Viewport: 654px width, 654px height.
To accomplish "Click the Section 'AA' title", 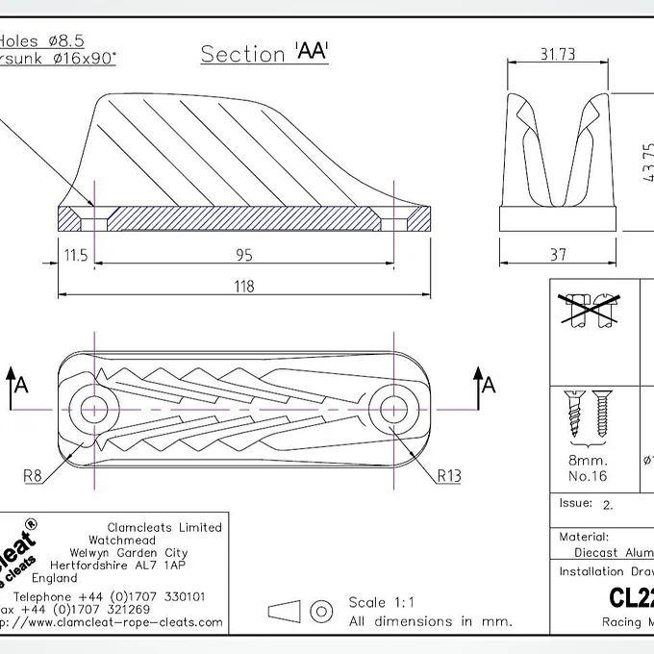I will (264, 53).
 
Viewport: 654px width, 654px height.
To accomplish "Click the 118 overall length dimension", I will (244, 284).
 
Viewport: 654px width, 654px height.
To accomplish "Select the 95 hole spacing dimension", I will (244, 255).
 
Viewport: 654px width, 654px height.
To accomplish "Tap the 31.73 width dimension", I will (558, 55).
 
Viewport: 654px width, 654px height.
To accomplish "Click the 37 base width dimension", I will (559, 255).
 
